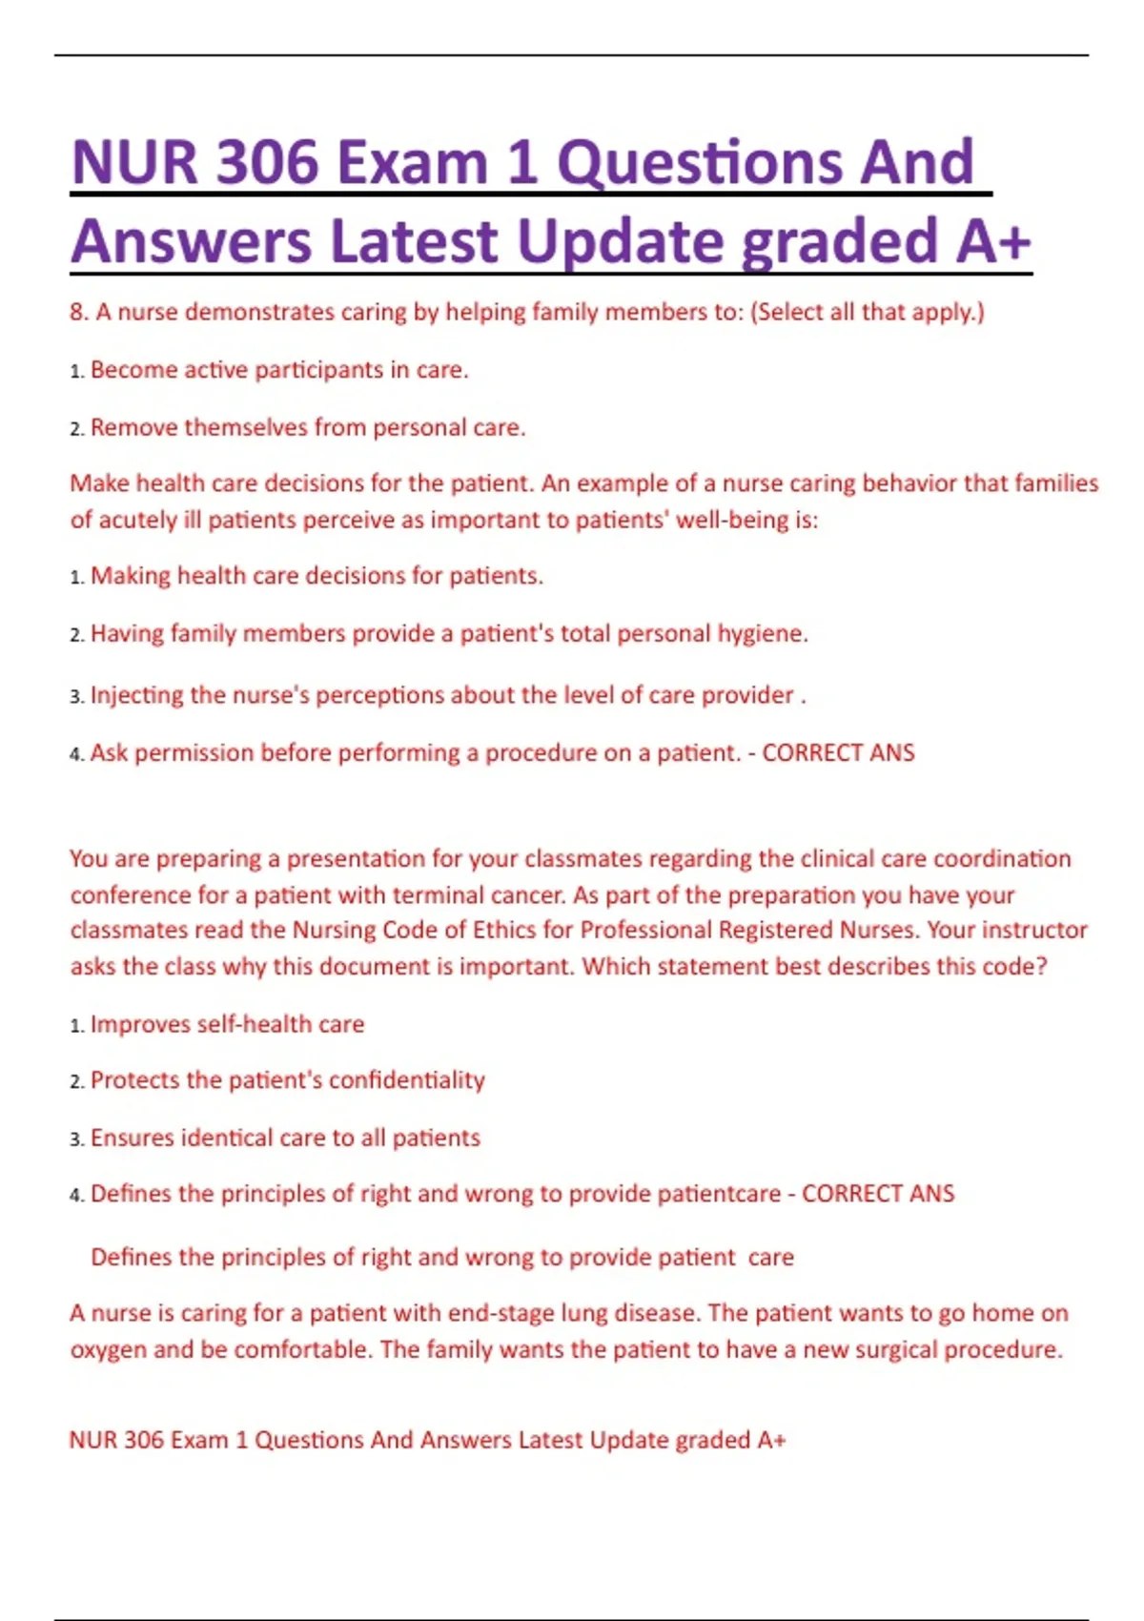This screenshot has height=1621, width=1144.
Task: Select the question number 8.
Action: click(x=77, y=312)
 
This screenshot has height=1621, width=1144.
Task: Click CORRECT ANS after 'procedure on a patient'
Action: click(x=838, y=753)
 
